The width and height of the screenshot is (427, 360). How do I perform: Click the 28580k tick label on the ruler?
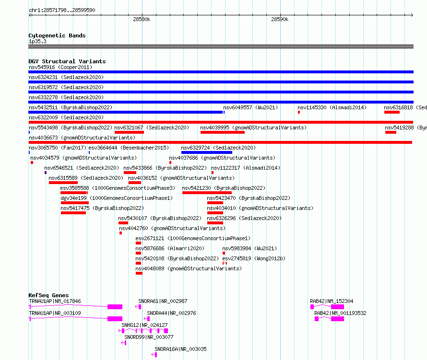tap(142, 19)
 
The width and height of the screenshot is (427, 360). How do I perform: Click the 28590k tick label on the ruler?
tap(280, 19)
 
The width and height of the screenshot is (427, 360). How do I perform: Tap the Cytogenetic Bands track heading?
tap(57, 35)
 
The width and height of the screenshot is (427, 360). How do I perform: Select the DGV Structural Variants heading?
tap(67, 61)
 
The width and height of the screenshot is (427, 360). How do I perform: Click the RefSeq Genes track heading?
tap(48, 295)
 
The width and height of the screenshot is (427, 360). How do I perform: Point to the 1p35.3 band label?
tap(37, 41)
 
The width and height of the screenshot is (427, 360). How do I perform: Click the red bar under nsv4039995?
tap(223, 132)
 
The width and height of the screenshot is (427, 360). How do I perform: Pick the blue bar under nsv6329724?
tap(207, 152)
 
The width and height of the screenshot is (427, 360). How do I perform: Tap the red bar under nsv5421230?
tap(207, 193)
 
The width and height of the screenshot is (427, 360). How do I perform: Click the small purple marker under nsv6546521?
tap(46, 173)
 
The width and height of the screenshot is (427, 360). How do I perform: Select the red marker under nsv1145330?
tap(299, 112)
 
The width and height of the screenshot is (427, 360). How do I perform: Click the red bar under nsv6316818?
tap(392, 112)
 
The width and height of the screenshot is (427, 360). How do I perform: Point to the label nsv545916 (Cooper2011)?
tap(60, 67)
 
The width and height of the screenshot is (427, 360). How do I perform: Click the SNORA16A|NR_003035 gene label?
tap(180, 349)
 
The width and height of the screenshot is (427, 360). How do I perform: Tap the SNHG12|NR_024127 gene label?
tap(144, 325)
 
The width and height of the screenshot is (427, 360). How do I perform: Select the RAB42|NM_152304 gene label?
tap(332, 301)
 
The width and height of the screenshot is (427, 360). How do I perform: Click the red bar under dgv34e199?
tap(75, 203)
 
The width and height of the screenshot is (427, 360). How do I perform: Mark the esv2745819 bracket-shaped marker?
tap(225, 263)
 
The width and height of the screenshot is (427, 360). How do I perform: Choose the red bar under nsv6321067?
tap(130, 132)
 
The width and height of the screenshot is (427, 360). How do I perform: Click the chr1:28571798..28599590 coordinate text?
tap(62, 10)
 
